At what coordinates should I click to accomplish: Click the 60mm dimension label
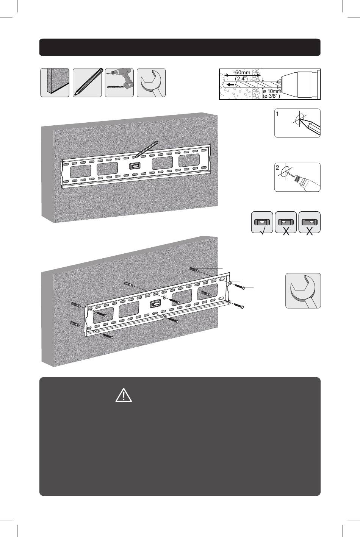click(x=243, y=72)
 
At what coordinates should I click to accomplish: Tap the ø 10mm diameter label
click(x=272, y=91)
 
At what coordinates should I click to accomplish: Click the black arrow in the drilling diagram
click(x=230, y=84)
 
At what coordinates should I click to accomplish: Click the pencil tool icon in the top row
click(x=87, y=83)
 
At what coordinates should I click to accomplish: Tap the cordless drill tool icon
click(x=119, y=83)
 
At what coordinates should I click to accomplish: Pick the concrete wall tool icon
click(x=55, y=83)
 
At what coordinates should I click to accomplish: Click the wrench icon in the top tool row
click(x=151, y=83)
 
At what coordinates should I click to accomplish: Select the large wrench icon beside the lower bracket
click(x=303, y=290)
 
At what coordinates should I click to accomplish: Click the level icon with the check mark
click(x=262, y=222)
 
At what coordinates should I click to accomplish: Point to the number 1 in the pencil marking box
click(x=277, y=114)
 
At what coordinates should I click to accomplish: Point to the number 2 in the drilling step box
click(x=277, y=168)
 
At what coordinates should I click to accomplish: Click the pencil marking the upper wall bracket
click(x=146, y=149)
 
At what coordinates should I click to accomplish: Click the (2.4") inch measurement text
click(x=241, y=78)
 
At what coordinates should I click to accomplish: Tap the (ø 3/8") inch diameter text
click(x=271, y=97)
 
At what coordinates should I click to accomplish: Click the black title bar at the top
click(x=180, y=47)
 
